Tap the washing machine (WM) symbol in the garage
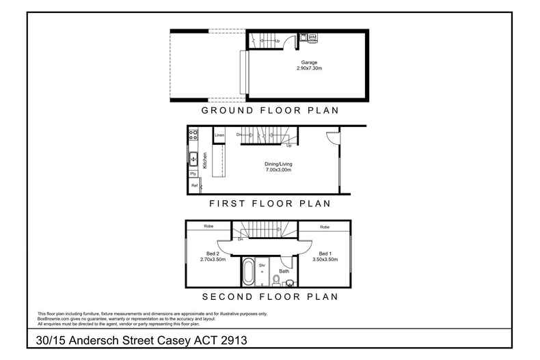tap(312, 36)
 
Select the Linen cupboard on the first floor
tap(219, 135)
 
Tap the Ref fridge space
tap(194, 186)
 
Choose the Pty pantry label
tap(193, 175)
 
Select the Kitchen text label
tap(204, 161)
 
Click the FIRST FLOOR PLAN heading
tap(269, 203)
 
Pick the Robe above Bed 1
tap(325, 226)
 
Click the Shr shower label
tap(261, 264)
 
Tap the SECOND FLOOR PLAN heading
tap(269, 296)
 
